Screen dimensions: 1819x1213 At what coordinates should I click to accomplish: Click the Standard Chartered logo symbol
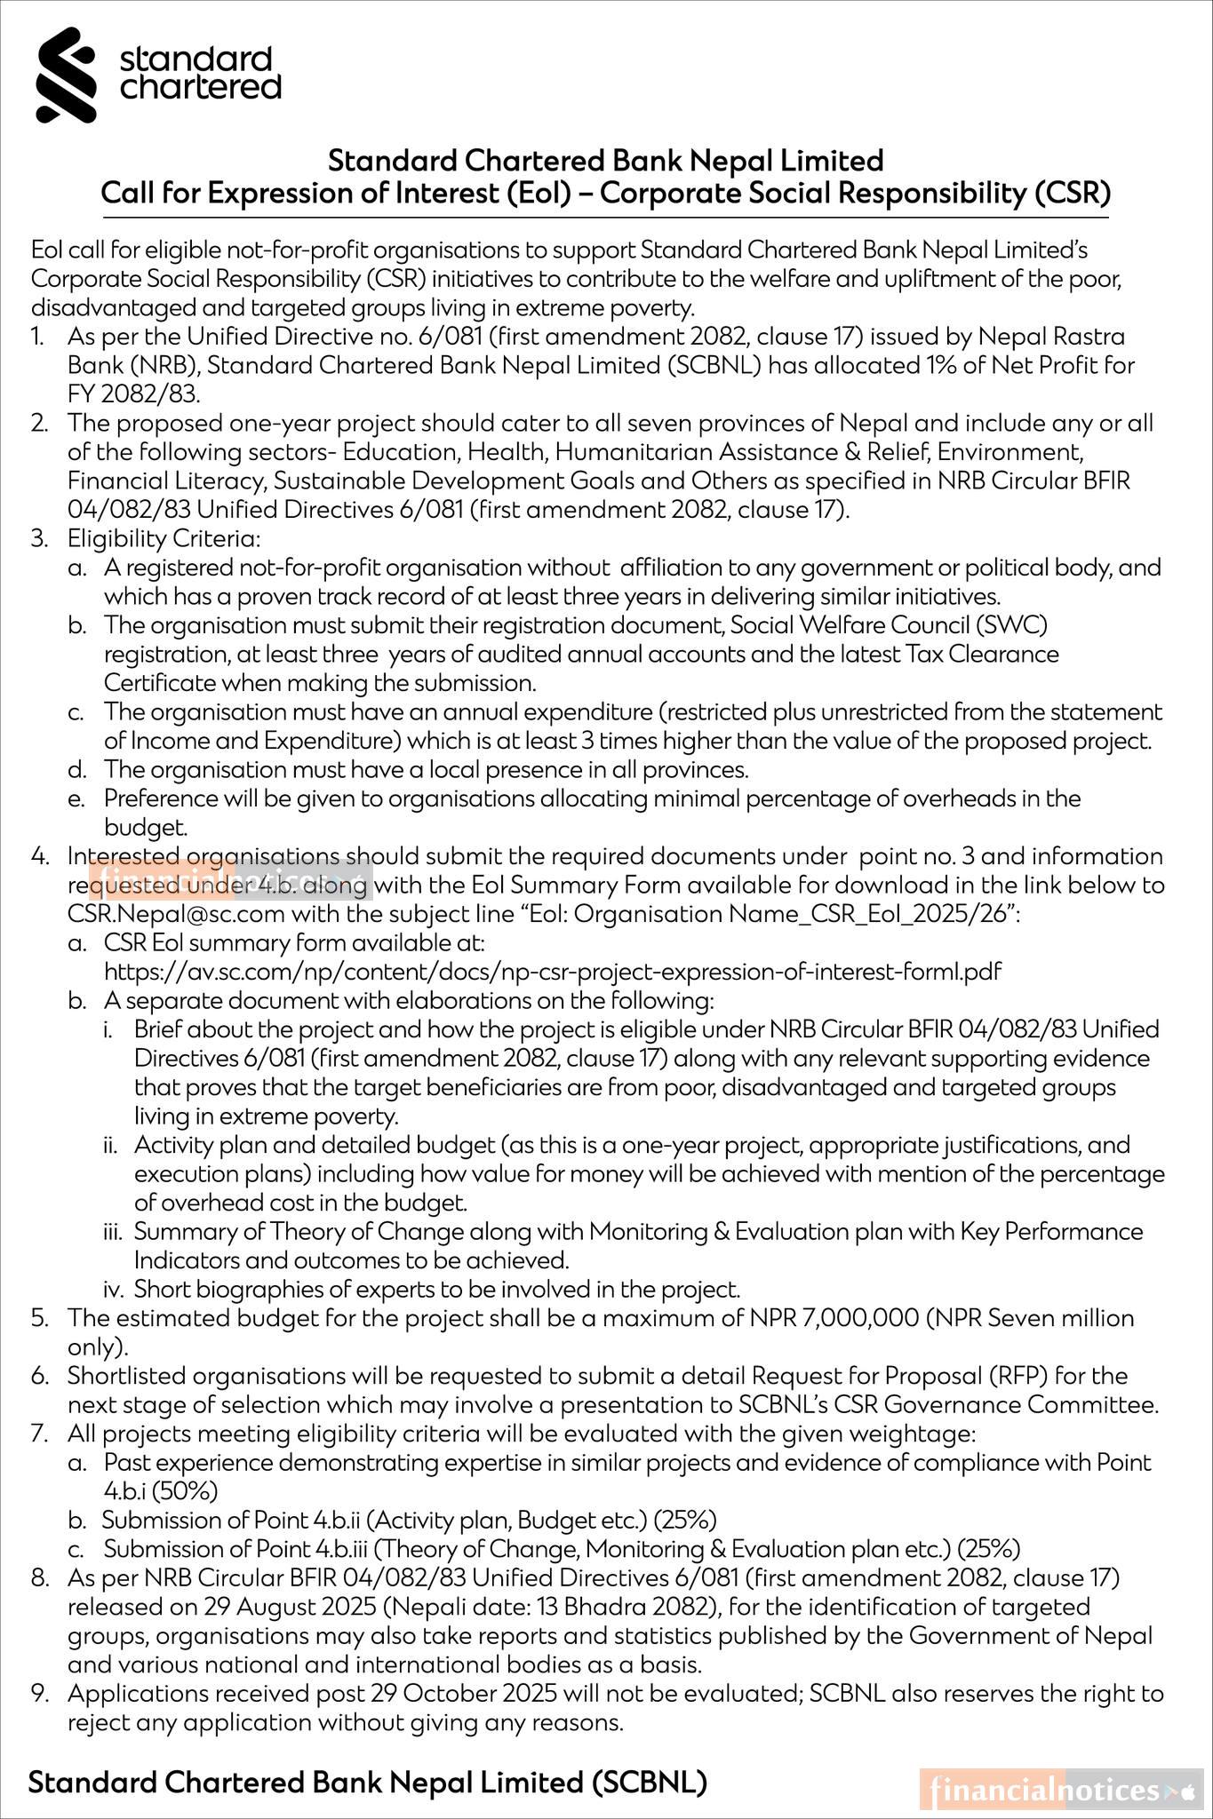click(x=66, y=75)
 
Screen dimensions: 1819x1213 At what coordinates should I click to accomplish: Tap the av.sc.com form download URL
click(x=552, y=971)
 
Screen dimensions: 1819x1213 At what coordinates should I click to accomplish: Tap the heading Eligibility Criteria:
click(x=164, y=538)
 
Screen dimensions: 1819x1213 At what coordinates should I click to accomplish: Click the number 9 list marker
click(x=40, y=1694)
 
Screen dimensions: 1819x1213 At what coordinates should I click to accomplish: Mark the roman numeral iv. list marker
click(x=116, y=1289)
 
